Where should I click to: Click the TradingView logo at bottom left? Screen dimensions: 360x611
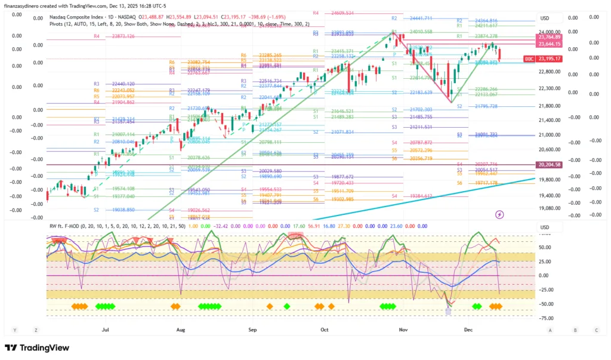36,348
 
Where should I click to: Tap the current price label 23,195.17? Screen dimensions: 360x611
549,59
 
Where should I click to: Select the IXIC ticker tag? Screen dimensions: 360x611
528,59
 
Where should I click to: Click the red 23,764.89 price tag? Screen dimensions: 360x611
549,37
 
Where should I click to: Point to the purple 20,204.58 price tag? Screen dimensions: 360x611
549,164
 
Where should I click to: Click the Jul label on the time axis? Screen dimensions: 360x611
106,329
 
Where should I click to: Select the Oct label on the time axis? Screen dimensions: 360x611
324,329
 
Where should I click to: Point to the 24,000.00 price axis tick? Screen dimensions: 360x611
550,32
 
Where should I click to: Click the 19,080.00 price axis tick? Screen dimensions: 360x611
550,208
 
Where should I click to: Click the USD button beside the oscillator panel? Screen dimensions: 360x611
544,227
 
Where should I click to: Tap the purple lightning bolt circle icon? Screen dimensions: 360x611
500,214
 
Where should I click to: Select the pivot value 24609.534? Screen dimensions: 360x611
341,13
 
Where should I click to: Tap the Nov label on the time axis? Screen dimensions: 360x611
403,329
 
